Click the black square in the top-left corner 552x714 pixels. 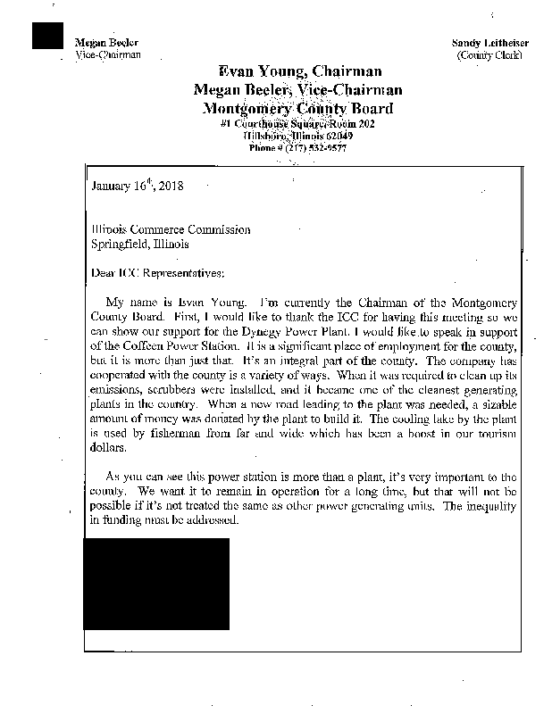pyautogui.click(x=48, y=35)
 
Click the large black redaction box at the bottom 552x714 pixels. pyautogui.click(x=156, y=583)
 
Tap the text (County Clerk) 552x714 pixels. pyautogui.click(x=489, y=55)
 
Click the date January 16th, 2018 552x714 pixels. pyautogui.click(x=138, y=188)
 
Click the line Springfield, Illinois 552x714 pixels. pyautogui.click(x=140, y=244)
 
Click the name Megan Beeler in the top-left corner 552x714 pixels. pyautogui.click(x=100, y=44)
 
